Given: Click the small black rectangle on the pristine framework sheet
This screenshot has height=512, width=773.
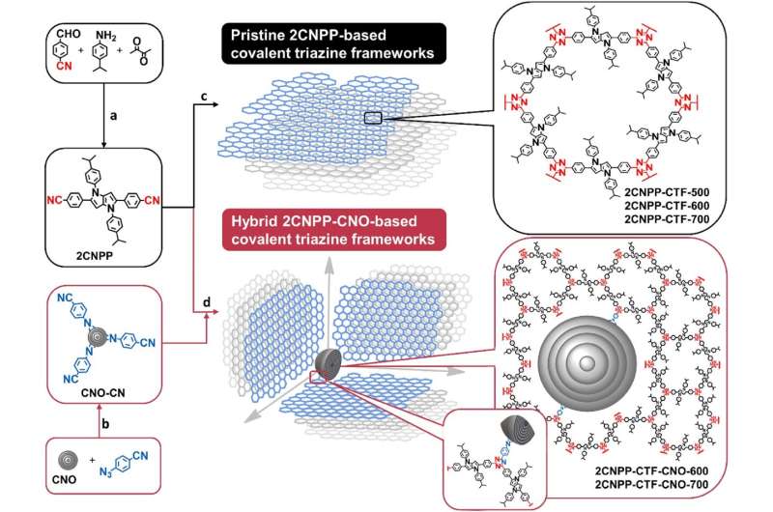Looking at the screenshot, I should point(378,119).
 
